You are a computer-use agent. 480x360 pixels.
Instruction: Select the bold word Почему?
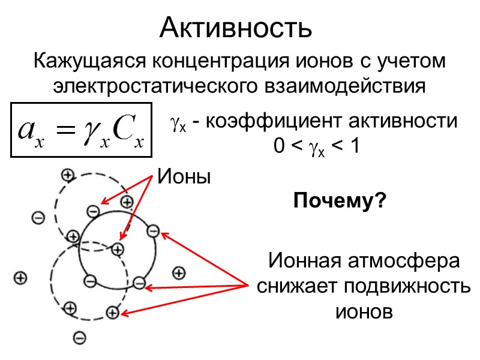tap(339, 202)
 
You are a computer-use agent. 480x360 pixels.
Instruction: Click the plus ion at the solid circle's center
tap(118, 248)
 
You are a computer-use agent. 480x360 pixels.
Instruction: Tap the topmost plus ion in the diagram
tap(67, 175)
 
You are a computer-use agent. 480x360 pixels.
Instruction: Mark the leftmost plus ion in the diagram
tap(20, 278)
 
